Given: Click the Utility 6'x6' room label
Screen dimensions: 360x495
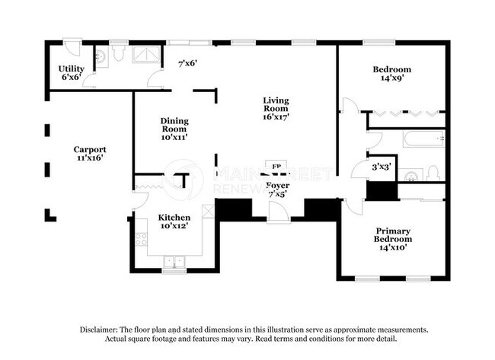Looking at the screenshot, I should pos(71,73).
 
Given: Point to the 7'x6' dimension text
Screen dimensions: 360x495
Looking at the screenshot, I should pos(187,63).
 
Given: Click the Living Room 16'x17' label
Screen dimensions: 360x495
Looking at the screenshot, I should pos(276,109).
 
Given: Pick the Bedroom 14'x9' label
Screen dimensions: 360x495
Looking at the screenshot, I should pos(391,73).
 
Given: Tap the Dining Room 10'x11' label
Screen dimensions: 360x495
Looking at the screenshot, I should pos(174,129).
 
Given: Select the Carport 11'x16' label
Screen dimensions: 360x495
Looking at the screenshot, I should pos(89,154).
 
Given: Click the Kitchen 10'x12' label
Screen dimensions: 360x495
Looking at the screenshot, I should pos(174,221).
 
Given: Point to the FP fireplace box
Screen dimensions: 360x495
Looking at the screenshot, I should pos(275,166).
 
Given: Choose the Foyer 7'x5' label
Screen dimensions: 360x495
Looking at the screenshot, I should pos(277,190).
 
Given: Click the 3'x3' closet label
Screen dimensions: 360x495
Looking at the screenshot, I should pos(382,166).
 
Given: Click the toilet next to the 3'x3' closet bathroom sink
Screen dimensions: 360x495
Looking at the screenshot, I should pos(433,174).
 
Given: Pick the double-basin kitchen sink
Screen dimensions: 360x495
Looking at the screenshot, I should pos(174,263).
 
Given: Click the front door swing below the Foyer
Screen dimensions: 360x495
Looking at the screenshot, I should pos(278,212).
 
